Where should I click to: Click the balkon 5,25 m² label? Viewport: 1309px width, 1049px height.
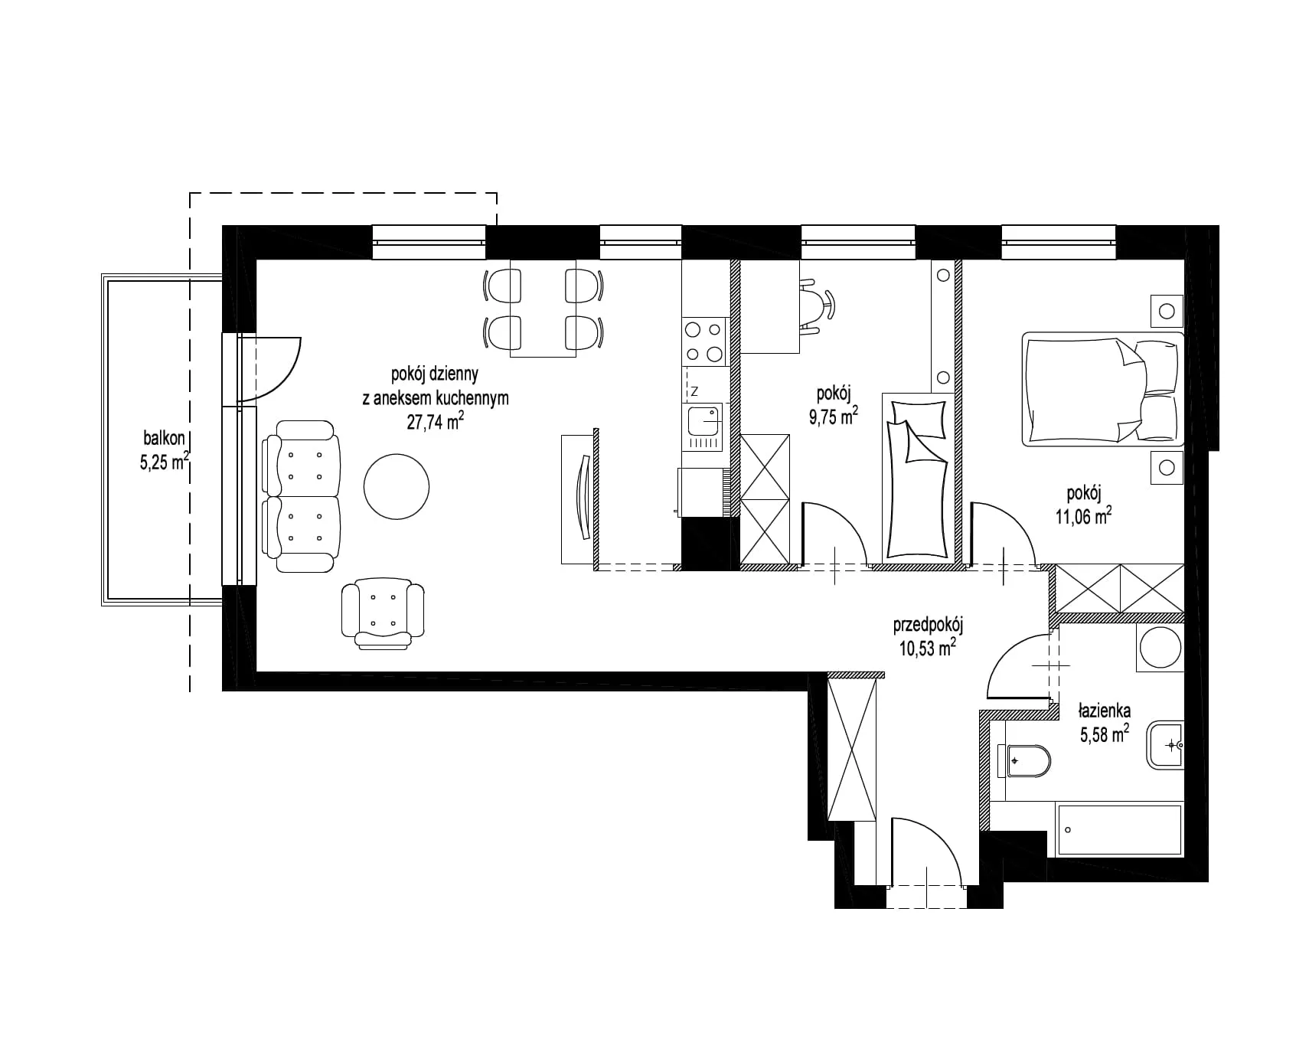point(165,450)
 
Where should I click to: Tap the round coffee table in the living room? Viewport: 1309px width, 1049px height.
point(397,485)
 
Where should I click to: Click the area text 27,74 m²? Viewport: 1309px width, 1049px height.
point(435,422)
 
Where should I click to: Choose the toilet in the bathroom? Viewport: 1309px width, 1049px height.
point(1024,761)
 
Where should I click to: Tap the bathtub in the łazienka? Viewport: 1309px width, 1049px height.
point(1118,829)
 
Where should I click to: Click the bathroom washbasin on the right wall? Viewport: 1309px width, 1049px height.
point(1166,743)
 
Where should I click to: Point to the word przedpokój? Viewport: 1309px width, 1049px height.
point(928,626)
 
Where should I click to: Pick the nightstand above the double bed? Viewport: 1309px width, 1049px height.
point(1167,311)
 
